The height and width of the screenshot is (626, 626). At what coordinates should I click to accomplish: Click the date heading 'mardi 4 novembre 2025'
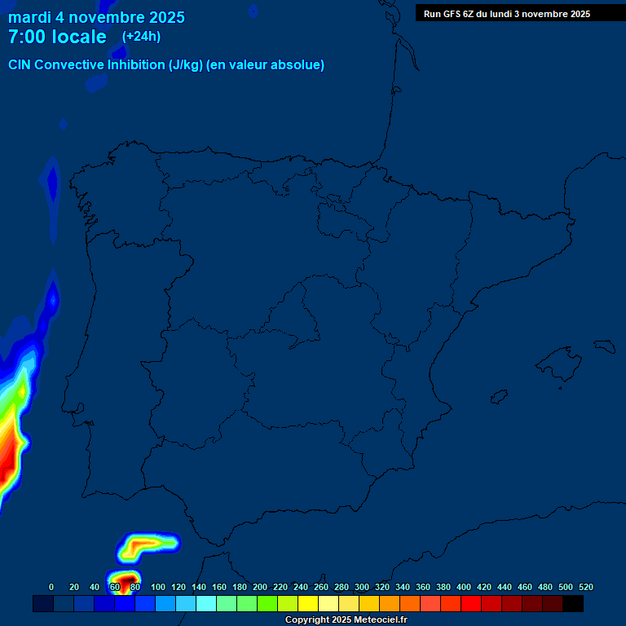tap(96, 17)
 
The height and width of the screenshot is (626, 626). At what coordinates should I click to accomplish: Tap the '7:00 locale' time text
tap(57, 37)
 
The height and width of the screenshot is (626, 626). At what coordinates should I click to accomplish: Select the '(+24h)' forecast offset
tap(141, 36)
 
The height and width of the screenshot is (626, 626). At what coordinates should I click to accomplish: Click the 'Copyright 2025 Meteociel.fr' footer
tap(346, 620)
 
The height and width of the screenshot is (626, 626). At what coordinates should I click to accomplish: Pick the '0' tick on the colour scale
tap(51, 587)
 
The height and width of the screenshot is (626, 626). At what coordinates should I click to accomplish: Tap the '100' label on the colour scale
tap(158, 587)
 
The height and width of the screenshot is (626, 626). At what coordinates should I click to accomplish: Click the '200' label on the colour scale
tap(260, 587)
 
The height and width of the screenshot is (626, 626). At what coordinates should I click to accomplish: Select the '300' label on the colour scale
tap(362, 587)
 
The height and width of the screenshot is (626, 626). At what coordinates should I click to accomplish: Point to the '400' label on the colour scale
tap(464, 587)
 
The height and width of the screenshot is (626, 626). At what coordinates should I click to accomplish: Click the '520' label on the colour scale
tap(585, 587)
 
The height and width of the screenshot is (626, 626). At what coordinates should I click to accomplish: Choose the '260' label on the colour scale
tap(321, 587)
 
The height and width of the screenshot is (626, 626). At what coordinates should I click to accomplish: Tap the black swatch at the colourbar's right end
tap(573, 604)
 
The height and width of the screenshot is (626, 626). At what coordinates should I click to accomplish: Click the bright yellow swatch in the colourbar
tap(308, 604)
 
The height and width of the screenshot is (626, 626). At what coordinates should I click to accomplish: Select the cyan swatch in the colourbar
tap(206, 604)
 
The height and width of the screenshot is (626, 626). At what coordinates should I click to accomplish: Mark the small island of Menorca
tap(605, 346)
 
